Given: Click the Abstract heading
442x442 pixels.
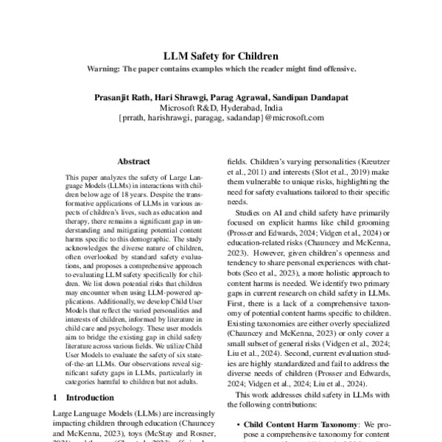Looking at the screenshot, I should (134, 160).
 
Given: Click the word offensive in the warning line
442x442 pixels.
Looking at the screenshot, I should (336, 69).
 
